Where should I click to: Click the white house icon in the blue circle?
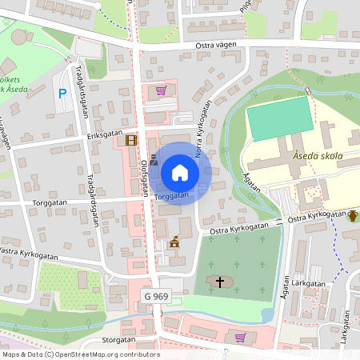click(x=180, y=172)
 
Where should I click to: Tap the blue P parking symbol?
click(x=62, y=94)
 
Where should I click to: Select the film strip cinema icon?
click(x=131, y=140)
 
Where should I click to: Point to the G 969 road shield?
click(x=157, y=297)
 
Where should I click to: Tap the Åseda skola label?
click(x=318, y=155)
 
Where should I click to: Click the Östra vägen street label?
click(x=217, y=46)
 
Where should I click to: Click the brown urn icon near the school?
click(x=352, y=214)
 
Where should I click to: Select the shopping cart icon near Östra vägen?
click(x=161, y=90)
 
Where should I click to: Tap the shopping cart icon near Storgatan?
click(x=239, y=337)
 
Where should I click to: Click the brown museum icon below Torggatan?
click(x=174, y=242)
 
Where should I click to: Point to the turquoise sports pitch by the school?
click(x=278, y=120)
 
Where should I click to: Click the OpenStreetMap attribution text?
click(x=80, y=354)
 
